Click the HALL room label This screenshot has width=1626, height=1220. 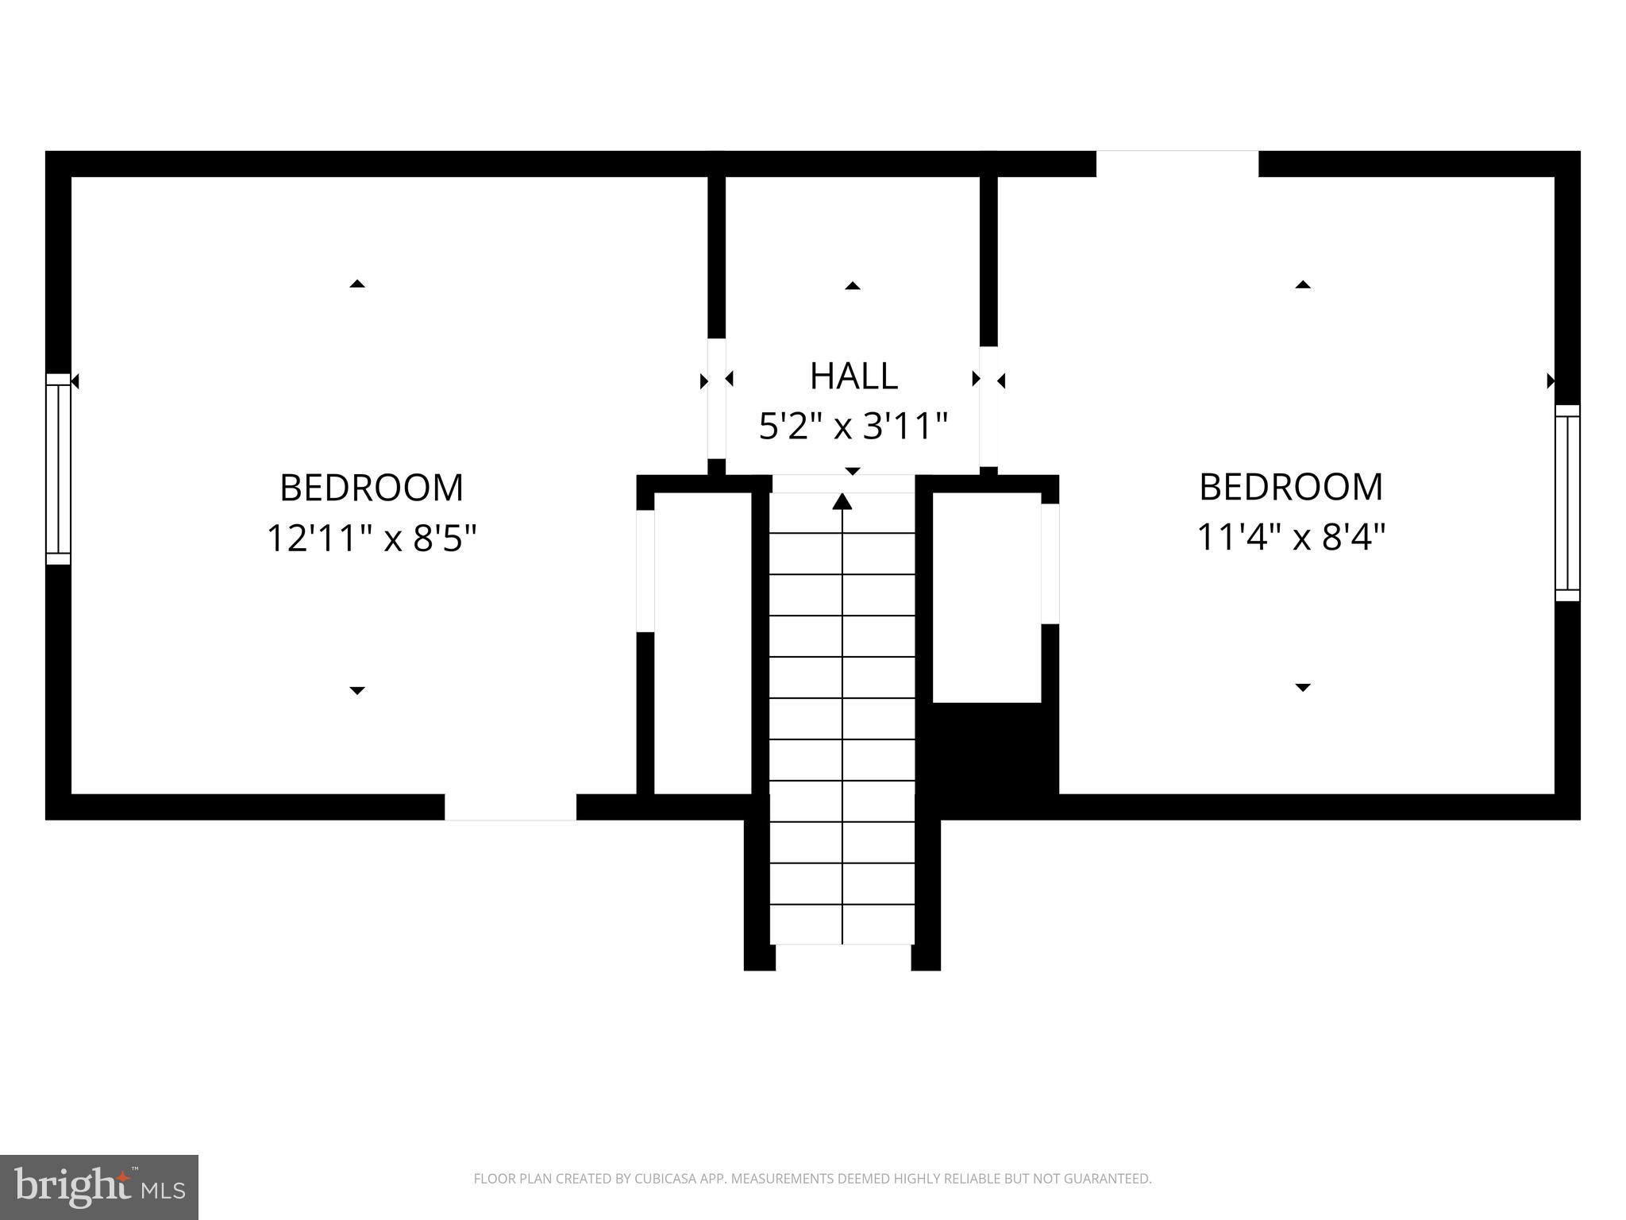(x=853, y=376)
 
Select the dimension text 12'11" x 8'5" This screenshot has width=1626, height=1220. (x=371, y=539)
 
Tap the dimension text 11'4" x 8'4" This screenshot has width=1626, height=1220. (x=1290, y=538)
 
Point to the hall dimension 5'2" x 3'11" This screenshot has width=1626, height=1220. (x=853, y=427)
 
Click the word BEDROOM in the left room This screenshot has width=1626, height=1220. (x=371, y=488)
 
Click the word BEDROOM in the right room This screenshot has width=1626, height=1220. (x=1290, y=487)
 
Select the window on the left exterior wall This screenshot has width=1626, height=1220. (x=58, y=469)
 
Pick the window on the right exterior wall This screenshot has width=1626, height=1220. (x=1567, y=503)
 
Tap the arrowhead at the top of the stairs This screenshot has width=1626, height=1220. (x=842, y=501)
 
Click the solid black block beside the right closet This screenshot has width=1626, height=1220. (x=995, y=748)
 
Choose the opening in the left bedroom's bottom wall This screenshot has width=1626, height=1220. (x=511, y=807)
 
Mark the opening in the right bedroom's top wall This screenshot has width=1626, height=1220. (x=1177, y=164)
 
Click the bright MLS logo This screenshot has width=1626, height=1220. (x=98, y=1187)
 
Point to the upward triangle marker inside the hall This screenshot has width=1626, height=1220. (x=853, y=286)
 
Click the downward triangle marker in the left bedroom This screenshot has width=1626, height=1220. (x=357, y=690)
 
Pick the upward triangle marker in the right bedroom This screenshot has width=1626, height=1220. (x=1303, y=284)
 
